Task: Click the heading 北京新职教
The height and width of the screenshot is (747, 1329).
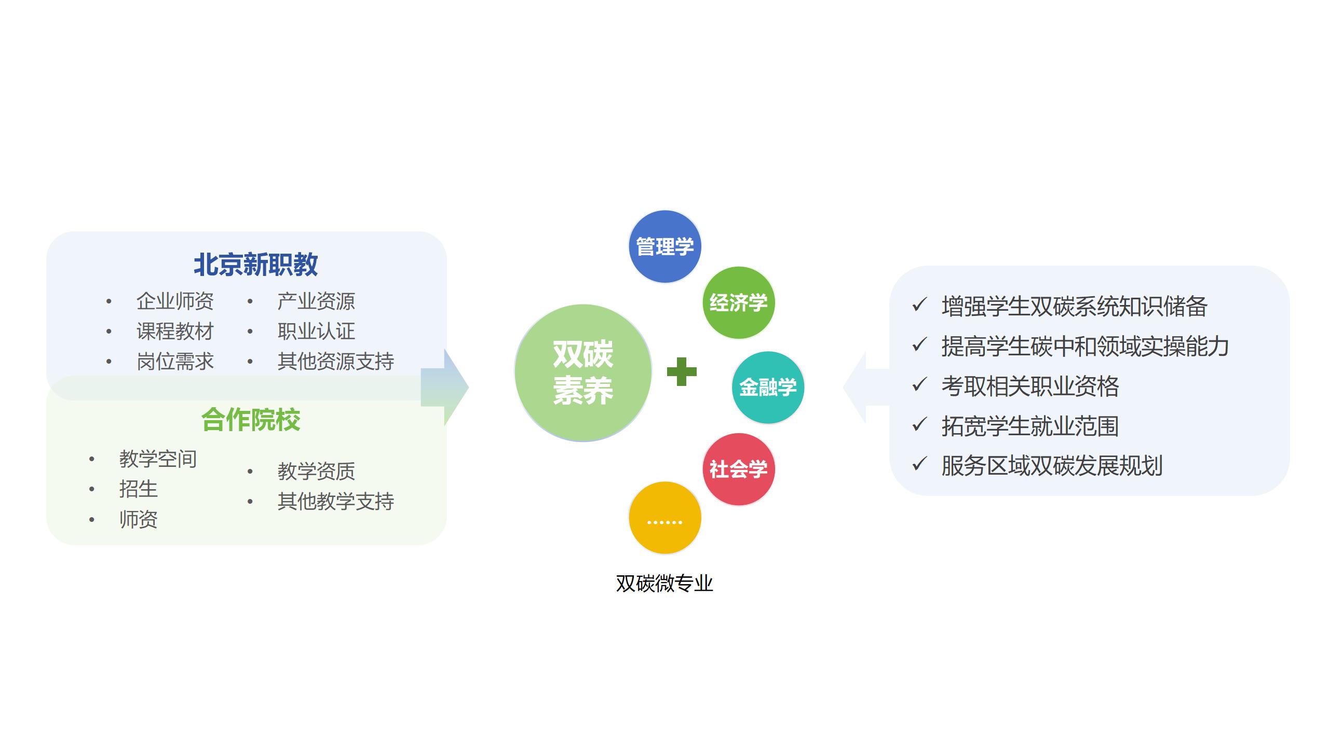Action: coord(255,265)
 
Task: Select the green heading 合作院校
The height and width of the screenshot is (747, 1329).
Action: coord(251,420)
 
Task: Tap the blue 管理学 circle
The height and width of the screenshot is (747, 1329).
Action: coord(665,247)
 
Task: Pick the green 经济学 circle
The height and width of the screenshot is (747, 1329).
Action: coord(739,303)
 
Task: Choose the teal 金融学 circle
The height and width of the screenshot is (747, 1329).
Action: coord(768,388)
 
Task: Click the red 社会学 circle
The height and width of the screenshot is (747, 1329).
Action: coord(739,469)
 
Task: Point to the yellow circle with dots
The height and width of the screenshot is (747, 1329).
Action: coord(665,518)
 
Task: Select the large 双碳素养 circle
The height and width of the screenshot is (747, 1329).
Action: coord(583,372)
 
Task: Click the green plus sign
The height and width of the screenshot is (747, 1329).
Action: coord(682,371)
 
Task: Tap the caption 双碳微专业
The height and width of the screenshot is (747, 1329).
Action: coord(664,584)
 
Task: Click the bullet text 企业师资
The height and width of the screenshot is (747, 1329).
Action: coord(175,301)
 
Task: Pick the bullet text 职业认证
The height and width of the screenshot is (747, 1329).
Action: coord(316,331)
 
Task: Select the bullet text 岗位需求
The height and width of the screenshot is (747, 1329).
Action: coord(175,362)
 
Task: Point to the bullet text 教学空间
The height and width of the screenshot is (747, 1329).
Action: coord(158,459)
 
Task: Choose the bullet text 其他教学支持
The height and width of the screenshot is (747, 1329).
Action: coord(336,501)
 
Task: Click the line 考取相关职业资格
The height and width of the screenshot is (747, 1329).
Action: coord(1030,386)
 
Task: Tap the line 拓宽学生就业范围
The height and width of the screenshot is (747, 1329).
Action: coord(1030,426)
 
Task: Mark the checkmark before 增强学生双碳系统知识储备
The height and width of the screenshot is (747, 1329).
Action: coord(919,305)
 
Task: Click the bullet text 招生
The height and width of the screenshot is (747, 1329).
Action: coord(138,489)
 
